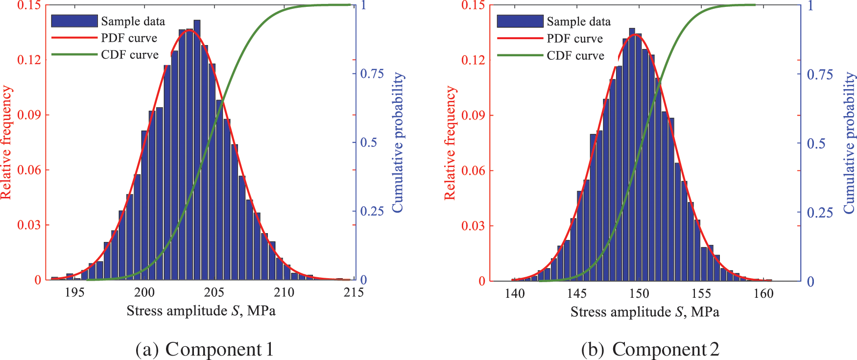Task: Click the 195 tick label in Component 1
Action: click(74, 292)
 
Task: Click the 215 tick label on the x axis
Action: click(354, 292)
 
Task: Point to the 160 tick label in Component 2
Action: click(763, 293)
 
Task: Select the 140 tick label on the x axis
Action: click(514, 293)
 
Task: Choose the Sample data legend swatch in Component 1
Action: click(74, 21)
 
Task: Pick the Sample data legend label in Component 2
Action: click(578, 22)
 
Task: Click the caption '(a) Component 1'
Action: click(204, 349)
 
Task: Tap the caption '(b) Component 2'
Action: click(650, 349)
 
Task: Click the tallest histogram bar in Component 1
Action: click(197, 147)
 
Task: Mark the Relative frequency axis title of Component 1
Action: click(6, 142)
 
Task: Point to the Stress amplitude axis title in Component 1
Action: click(201, 311)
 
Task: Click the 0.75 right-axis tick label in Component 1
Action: click(372, 73)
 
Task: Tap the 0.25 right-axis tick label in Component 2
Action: click(820, 213)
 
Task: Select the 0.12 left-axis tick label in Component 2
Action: click(473, 60)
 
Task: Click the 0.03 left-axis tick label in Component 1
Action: click(29, 225)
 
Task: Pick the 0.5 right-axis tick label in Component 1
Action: click(368, 143)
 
